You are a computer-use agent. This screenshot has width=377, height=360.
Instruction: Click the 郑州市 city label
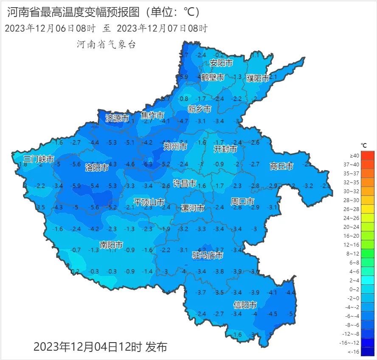175,147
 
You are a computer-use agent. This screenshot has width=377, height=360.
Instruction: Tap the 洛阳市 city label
96,167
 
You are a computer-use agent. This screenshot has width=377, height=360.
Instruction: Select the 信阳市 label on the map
245,305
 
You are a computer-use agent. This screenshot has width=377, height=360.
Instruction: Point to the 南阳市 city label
111,245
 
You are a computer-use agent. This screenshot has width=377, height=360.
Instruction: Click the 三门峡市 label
39,160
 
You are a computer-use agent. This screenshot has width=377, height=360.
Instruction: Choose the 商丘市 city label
281,166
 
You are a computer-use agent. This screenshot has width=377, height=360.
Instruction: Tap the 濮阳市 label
258,79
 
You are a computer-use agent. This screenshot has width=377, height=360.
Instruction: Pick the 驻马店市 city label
208,256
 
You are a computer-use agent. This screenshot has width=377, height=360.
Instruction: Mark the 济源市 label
117,118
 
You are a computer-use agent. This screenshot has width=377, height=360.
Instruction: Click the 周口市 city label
242,201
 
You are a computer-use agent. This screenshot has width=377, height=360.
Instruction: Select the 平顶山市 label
149,202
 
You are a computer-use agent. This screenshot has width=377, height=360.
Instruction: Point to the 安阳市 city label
221,63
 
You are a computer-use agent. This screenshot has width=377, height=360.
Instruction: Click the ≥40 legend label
354,156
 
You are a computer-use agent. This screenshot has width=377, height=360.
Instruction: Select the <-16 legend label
354,352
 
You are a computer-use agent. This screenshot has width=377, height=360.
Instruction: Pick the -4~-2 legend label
354,307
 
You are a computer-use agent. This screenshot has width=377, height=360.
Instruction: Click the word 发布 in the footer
156,347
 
